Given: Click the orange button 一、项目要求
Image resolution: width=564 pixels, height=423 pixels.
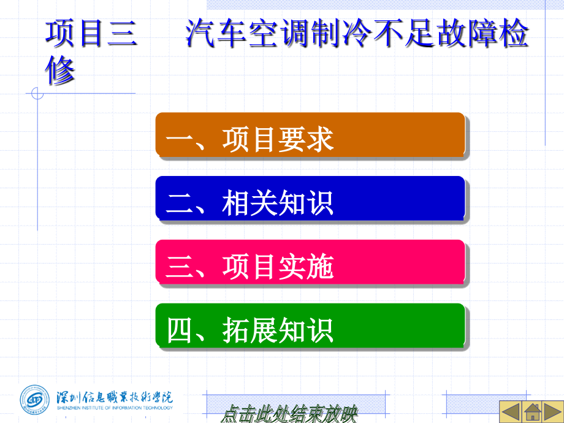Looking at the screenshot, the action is tap(310, 135).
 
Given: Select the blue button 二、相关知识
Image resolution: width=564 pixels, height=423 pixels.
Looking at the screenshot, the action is tap(310, 199).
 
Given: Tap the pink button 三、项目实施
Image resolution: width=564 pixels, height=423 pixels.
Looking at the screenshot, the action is tap(310, 262).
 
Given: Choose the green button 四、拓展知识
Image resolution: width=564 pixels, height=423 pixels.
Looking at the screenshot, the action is tap(310, 326).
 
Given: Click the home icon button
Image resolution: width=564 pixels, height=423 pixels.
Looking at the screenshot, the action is tap(532, 411).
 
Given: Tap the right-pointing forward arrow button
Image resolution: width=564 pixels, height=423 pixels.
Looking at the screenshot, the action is tap(553, 411).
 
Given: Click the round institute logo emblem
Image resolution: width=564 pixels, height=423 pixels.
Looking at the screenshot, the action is tap(34, 400).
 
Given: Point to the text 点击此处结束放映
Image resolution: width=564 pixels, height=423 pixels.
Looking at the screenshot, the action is tap(289, 414).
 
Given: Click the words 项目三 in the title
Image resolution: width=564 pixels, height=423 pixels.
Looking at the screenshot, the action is tap(91, 34).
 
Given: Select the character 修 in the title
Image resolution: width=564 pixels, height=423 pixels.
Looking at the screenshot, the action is tap(60, 70).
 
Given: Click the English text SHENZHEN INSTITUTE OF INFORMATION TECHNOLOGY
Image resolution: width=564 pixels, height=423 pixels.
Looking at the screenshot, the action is tap(115, 408).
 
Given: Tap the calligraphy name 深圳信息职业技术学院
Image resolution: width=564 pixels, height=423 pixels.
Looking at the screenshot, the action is tap(115, 397).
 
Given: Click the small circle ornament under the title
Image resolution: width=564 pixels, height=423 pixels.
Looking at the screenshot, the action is tap(37, 94).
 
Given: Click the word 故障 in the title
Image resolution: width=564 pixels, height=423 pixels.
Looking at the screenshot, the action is tap(467, 34).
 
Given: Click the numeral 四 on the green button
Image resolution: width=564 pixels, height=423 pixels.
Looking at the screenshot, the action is tap(179, 330).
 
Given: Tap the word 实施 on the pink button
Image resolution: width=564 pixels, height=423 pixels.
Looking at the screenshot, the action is tap(306, 267).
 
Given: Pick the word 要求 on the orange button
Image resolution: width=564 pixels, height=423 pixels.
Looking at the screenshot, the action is tap(306, 140).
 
